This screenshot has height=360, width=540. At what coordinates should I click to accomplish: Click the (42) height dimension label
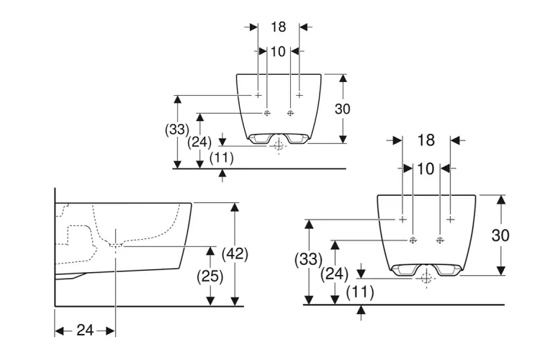(235, 254)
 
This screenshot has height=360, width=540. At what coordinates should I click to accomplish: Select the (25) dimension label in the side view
(210, 276)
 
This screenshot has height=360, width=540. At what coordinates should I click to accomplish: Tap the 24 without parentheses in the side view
(85, 330)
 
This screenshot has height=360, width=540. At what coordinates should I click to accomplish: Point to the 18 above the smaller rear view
(278, 27)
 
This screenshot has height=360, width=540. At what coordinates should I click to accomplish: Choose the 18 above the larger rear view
(426, 140)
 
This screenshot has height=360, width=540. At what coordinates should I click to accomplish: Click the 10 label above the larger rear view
(426, 168)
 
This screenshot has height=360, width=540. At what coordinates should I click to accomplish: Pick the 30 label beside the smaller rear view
(342, 109)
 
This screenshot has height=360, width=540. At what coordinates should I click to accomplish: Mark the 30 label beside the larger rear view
(500, 235)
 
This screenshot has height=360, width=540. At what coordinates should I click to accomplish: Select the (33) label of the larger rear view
(309, 259)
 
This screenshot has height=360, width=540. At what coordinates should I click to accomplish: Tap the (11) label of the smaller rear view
(222, 158)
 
